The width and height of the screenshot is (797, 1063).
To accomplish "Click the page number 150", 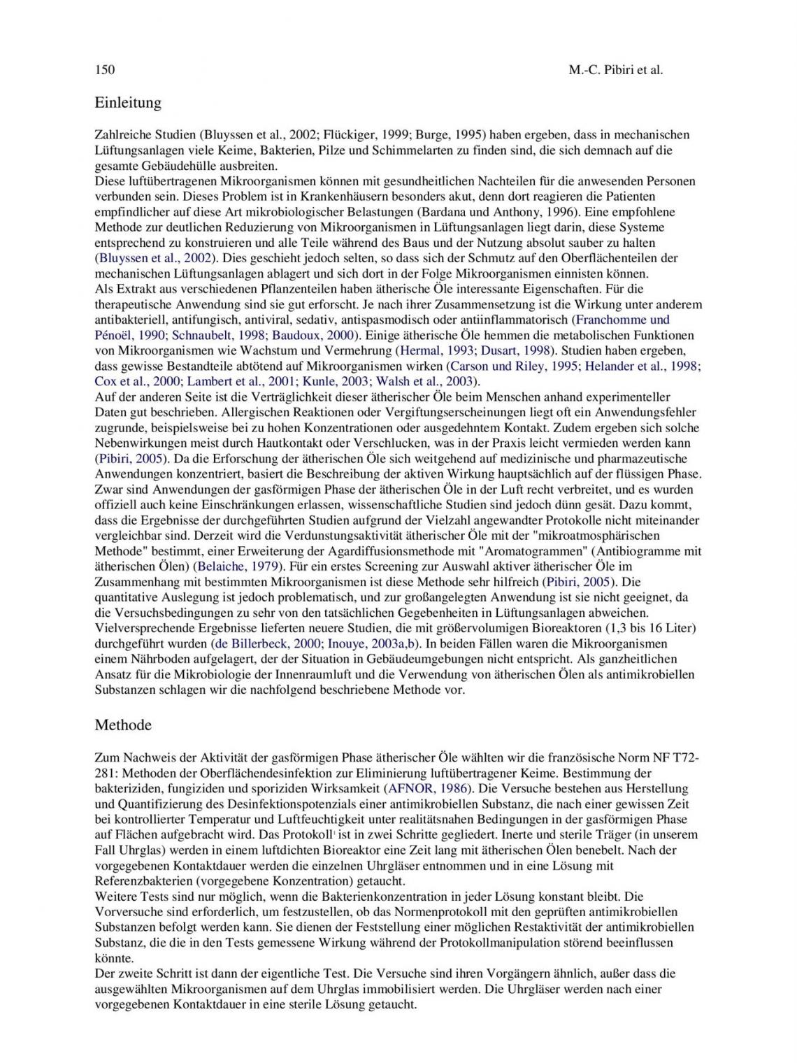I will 104,70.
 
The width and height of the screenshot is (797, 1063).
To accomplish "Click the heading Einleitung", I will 128,103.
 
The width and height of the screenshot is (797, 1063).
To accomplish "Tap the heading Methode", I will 123,725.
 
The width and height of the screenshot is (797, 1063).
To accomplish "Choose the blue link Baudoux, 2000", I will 313,335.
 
